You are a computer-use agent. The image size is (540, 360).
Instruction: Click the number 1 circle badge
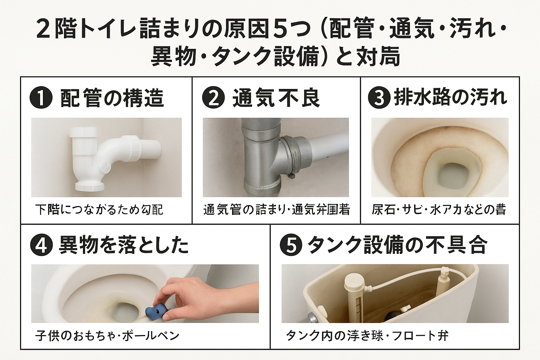41,98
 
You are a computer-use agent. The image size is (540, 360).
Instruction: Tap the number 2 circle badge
213,98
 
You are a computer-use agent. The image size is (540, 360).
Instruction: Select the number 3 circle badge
379,98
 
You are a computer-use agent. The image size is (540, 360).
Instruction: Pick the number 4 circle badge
41,245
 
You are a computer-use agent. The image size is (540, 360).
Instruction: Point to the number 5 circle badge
291,245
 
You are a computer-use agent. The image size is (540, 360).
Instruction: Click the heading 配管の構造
112,98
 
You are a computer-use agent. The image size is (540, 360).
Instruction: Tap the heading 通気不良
276,98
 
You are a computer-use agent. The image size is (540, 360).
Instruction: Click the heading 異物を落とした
124,245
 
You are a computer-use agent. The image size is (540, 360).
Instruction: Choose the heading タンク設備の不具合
397,245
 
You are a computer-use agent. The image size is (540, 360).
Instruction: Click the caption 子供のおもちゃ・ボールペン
108,335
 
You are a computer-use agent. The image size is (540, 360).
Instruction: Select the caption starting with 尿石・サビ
439,210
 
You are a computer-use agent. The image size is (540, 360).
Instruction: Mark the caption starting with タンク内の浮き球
367,335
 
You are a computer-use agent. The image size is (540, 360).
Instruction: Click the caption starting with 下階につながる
99,210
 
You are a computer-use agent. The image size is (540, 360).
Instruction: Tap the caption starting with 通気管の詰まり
276,210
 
